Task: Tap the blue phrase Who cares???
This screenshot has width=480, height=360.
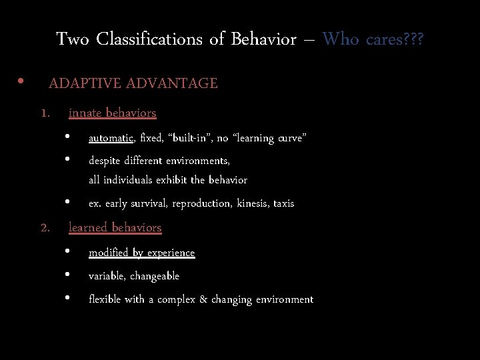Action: coord(373,39)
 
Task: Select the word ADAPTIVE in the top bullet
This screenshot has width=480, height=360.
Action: coord(85,83)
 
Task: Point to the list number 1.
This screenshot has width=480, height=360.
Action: coord(45,113)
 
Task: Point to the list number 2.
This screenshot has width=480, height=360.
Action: coord(45,228)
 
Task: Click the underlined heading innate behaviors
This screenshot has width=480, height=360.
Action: coord(112,113)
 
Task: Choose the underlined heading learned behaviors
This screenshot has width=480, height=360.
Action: coord(115,227)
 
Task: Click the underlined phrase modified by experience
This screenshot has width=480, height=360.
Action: coord(141,253)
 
